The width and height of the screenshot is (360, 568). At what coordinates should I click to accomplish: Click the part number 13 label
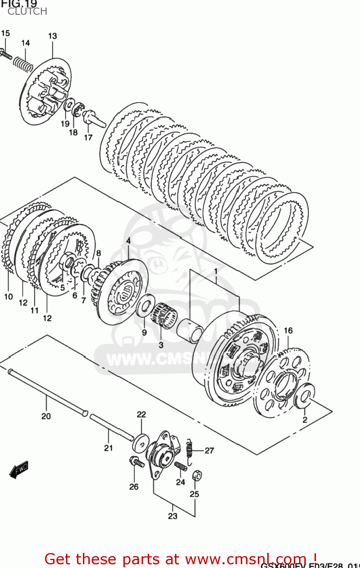click(x=52, y=36)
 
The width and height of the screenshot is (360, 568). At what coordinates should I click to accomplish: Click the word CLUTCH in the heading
click(x=27, y=12)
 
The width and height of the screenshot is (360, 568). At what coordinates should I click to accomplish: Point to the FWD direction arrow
click(x=19, y=470)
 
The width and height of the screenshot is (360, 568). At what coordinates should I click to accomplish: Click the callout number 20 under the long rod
click(x=46, y=416)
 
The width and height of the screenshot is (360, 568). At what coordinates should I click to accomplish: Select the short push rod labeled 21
click(x=111, y=427)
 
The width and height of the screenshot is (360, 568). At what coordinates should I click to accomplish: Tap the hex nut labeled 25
click(x=196, y=475)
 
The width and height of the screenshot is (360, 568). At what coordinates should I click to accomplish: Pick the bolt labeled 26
click(x=136, y=462)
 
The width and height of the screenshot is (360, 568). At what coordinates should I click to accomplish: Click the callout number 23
click(x=173, y=516)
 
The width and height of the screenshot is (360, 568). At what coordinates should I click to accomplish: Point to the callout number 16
click(x=288, y=331)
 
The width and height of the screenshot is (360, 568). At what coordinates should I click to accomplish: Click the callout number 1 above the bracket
click(x=216, y=271)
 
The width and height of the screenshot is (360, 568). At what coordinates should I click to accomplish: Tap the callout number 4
click(x=128, y=241)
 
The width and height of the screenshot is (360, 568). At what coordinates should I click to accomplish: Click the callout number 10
click(x=8, y=296)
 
